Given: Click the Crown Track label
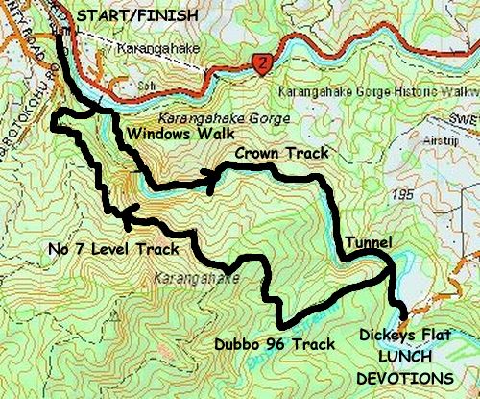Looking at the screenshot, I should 279,153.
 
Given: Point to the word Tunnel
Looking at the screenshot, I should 368,242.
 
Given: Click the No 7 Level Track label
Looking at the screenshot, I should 113,250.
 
